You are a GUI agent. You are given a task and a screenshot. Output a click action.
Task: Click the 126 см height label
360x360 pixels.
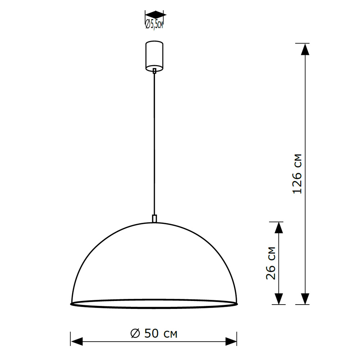[297, 174]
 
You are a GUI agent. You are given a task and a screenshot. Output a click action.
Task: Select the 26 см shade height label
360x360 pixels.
[271, 263]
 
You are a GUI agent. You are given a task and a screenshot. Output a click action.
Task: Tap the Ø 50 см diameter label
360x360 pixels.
[154, 333]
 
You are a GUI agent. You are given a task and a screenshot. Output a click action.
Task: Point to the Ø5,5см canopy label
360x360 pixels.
[154, 25]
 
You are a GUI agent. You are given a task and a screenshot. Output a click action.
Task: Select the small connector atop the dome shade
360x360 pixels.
[154, 219]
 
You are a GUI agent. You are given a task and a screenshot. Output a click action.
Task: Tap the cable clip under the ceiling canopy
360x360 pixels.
[154, 71]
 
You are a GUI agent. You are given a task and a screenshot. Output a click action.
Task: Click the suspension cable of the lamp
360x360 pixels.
[154, 144]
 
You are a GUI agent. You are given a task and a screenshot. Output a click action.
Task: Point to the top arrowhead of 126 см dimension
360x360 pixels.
[305, 49]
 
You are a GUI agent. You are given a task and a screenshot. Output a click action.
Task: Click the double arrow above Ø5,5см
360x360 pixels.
[155, 15]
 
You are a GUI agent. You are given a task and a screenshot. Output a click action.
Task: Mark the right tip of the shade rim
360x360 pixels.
[237, 303]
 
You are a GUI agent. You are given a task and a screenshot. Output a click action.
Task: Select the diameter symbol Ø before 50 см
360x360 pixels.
[135, 333]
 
